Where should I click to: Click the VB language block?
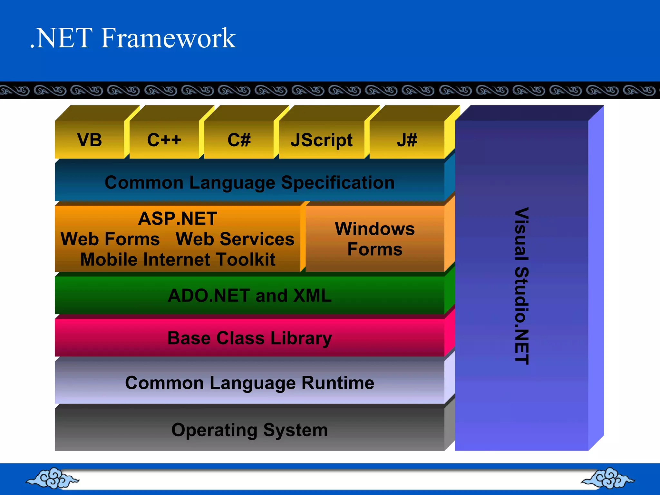90,140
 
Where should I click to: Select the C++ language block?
164,140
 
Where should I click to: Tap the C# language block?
239,140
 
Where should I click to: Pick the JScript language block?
321,140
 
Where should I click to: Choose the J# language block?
407,140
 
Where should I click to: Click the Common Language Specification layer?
250,183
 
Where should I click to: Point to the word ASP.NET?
178,218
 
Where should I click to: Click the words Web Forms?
110,239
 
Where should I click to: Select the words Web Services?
235,239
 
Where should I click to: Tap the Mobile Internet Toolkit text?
178,260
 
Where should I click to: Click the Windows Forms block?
375,239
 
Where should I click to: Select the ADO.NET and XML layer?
250,296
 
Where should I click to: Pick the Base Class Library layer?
250,338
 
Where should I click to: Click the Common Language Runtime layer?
250,383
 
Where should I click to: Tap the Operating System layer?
250,430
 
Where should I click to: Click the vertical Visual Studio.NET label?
521,286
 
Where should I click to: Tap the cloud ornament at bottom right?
607,478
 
